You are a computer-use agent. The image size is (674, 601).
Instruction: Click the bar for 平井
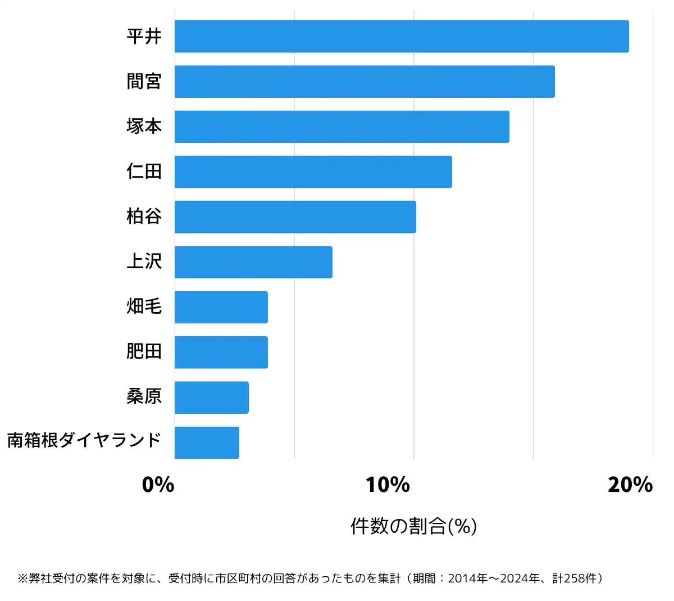pyautogui.click(x=402, y=37)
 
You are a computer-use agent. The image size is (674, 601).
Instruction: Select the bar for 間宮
pyautogui.click(x=365, y=82)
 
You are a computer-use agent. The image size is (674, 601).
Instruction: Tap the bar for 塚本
pyautogui.click(x=342, y=126)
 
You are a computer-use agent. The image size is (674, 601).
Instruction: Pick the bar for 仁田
pyautogui.click(x=313, y=171)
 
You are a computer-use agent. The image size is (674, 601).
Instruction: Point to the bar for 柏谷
pyautogui.click(x=295, y=216)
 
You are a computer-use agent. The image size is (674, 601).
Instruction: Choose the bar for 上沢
pyautogui.click(x=253, y=262)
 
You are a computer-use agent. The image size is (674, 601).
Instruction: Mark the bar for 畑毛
pyautogui.click(x=221, y=307)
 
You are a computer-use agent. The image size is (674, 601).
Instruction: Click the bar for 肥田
pyautogui.click(x=221, y=352)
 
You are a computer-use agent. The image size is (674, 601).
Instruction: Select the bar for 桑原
pyautogui.click(x=212, y=397)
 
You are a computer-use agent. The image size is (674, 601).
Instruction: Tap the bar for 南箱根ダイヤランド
pyautogui.click(x=207, y=442)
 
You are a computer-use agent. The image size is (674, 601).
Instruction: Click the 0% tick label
pyautogui.click(x=158, y=485)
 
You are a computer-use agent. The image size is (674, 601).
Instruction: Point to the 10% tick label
pyautogui.click(x=388, y=485)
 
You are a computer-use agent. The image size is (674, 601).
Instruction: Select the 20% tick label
pyautogui.click(x=630, y=485)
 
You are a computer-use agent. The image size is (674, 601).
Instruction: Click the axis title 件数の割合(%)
pyautogui.click(x=414, y=526)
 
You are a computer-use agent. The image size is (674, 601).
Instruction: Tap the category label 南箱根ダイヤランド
pyautogui.click(x=84, y=440)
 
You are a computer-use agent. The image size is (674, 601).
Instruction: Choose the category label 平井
pyautogui.click(x=144, y=37)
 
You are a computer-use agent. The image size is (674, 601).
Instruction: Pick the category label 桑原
pyautogui.click(x=144, y=396)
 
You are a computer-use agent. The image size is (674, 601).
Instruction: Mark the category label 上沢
pyautogui.click(x=144, y=261)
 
